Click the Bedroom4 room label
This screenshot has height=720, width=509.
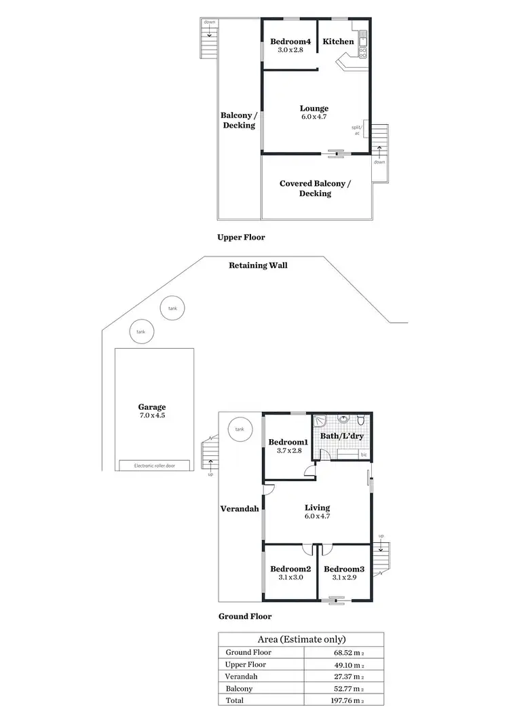pyautogui.click(x=290, y=41)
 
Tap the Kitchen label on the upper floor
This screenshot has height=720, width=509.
pyautogui.click(x=338, y=41)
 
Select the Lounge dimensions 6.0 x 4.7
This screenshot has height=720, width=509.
pyautogui.click(x=314, y=117)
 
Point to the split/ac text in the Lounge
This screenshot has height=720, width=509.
pyautogui.click(x=356, y=130)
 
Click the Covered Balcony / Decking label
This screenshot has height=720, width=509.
pyautogui.click(x=316, y=188)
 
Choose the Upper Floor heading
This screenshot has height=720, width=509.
pyautogui.click(x=241, y=238)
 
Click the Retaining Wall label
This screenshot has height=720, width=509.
pyautogui.click(x=258, y=265)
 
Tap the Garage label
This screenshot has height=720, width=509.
pyautogui.click(x=152, y=407)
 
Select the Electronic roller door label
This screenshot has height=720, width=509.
pyautogui.click(x=155, y=466)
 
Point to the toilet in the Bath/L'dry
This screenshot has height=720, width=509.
pyautogui.click(x=362, y=421)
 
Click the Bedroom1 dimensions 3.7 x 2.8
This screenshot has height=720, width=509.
pyautogui.click(x=289, y=451)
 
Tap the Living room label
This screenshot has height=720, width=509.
pyautogui.click(x=317, y=508)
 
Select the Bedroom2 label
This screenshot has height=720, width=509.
pyautogui.click(x=290, y=569)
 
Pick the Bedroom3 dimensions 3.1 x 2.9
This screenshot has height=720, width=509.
pyautogui.click(x=343, y=577)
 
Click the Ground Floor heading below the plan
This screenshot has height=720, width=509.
pyautogui.click(x=244, y=616)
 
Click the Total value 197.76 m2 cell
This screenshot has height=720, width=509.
pyautogui.click(x=345, y=700)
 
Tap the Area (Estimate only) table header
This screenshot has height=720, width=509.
pyautogui.click(x=301, y=639)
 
